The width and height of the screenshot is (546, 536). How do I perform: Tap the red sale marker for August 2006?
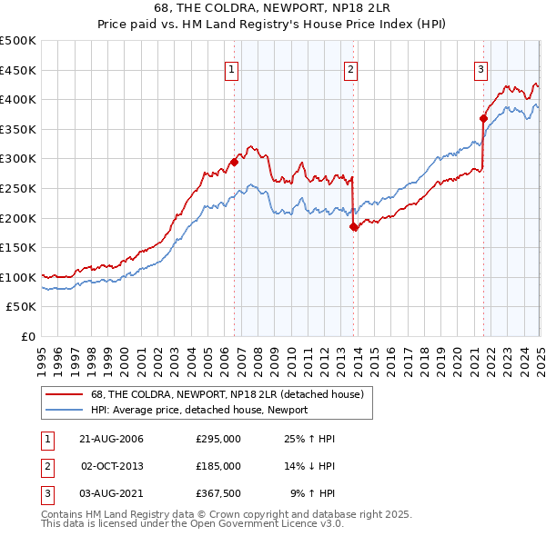pos(234,163)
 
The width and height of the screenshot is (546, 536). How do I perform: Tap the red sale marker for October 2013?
pos(353,227)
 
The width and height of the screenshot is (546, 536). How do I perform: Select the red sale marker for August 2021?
pos(483,118)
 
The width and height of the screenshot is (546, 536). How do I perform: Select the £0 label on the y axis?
pos(28,336)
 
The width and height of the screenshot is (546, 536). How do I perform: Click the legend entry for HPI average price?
pos(199,410)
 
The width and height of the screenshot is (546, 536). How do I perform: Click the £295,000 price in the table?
pos(218,440)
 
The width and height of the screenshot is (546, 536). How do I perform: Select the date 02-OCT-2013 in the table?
pos(113,466)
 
